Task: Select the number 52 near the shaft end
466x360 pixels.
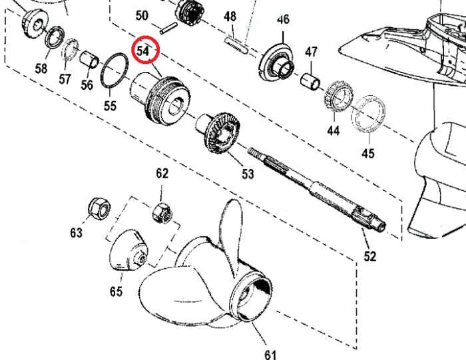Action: click(x=370, y=256)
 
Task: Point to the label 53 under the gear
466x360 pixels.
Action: click(x=248, y=174)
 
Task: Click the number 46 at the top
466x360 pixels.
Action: click(x=284, y=20)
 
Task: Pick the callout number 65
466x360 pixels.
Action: click(x=116, y=291)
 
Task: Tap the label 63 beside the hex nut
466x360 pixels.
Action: click(x=76, y=232)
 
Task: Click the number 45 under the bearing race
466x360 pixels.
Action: click(x=368, y=154)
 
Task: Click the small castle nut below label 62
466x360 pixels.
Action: click(x=162, y=214)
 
